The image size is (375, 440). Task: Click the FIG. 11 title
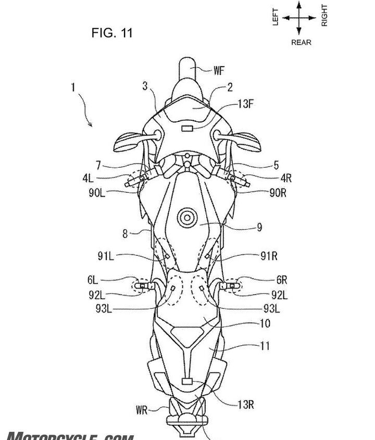click(x=112, y=33)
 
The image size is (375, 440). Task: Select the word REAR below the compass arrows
click(x=301, y=42)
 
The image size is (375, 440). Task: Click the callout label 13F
click(x=246, y=104)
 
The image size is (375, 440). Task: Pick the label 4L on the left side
click(x=89, y=178)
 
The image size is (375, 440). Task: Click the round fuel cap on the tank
click(x=186, y=217)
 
